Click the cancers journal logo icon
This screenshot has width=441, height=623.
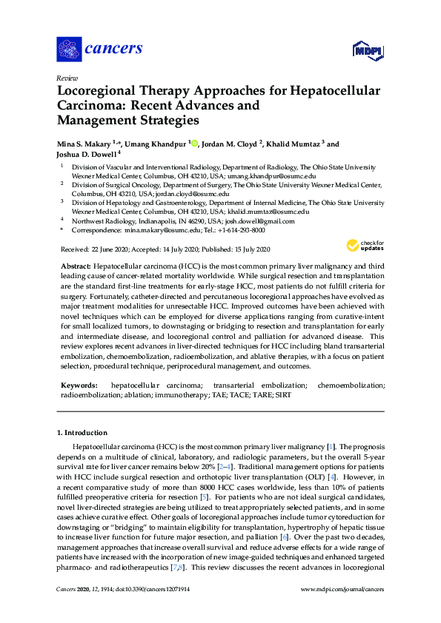click(x=70, y=49)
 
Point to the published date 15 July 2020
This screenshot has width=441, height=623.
click(x=245, y=249)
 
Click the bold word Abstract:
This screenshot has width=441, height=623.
click(x=76, y=265)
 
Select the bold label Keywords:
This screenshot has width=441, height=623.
click(x=78, y=385)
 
